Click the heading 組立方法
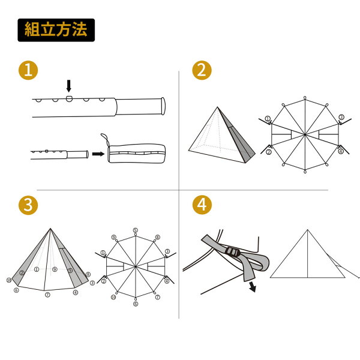[56, 29]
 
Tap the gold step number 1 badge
[28, 70]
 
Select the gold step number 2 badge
[202, 70]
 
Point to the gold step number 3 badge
[28, 205]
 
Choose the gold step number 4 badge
[202, 205]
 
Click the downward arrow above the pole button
[68, 86]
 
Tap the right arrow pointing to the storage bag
[98, 154]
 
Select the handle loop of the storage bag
[105, 139]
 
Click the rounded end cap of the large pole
[163, 106]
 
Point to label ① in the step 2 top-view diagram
[268, 119]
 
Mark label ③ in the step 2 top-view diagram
[341, 117]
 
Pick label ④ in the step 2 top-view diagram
[341, 151]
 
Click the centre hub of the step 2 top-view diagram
[305, 134]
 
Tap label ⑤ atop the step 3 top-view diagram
[136, 230]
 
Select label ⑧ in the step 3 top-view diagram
[157, 237]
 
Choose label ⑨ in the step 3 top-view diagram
[113, 237]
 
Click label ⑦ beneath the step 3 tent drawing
[47, 295]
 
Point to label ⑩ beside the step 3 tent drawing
[9, 280]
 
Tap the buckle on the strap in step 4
[232, 252]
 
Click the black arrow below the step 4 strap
[253, 287]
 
